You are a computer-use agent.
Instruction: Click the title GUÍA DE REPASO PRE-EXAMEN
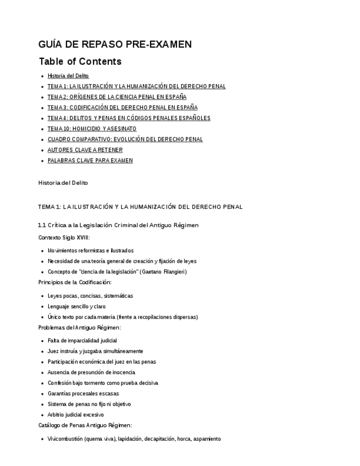(115, 45)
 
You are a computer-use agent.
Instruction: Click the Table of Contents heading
(80, 61)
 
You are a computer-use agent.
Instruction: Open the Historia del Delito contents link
(68, 76)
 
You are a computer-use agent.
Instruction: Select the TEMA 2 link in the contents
(117, 97)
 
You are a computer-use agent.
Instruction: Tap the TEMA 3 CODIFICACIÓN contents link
(122, 108)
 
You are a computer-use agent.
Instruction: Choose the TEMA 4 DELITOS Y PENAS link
(129, 118)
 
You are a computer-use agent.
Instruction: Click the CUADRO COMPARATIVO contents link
(125, 140)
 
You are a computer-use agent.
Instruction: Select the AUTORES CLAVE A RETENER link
(85, 150)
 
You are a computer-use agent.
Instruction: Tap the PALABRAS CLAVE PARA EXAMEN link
(90, 160)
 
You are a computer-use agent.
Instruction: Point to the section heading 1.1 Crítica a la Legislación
(118, 225)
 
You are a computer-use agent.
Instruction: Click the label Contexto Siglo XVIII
(64, 237)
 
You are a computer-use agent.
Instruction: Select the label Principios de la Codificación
(75, 282)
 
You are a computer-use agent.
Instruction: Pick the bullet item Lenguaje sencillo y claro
(76, 307)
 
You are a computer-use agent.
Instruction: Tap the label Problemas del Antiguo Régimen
(79, 328)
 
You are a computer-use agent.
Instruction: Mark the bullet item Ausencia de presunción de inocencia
(91, 373)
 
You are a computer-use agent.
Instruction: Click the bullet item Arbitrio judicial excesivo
(75, 415)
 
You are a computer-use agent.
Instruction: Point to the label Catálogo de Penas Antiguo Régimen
(85, 425)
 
